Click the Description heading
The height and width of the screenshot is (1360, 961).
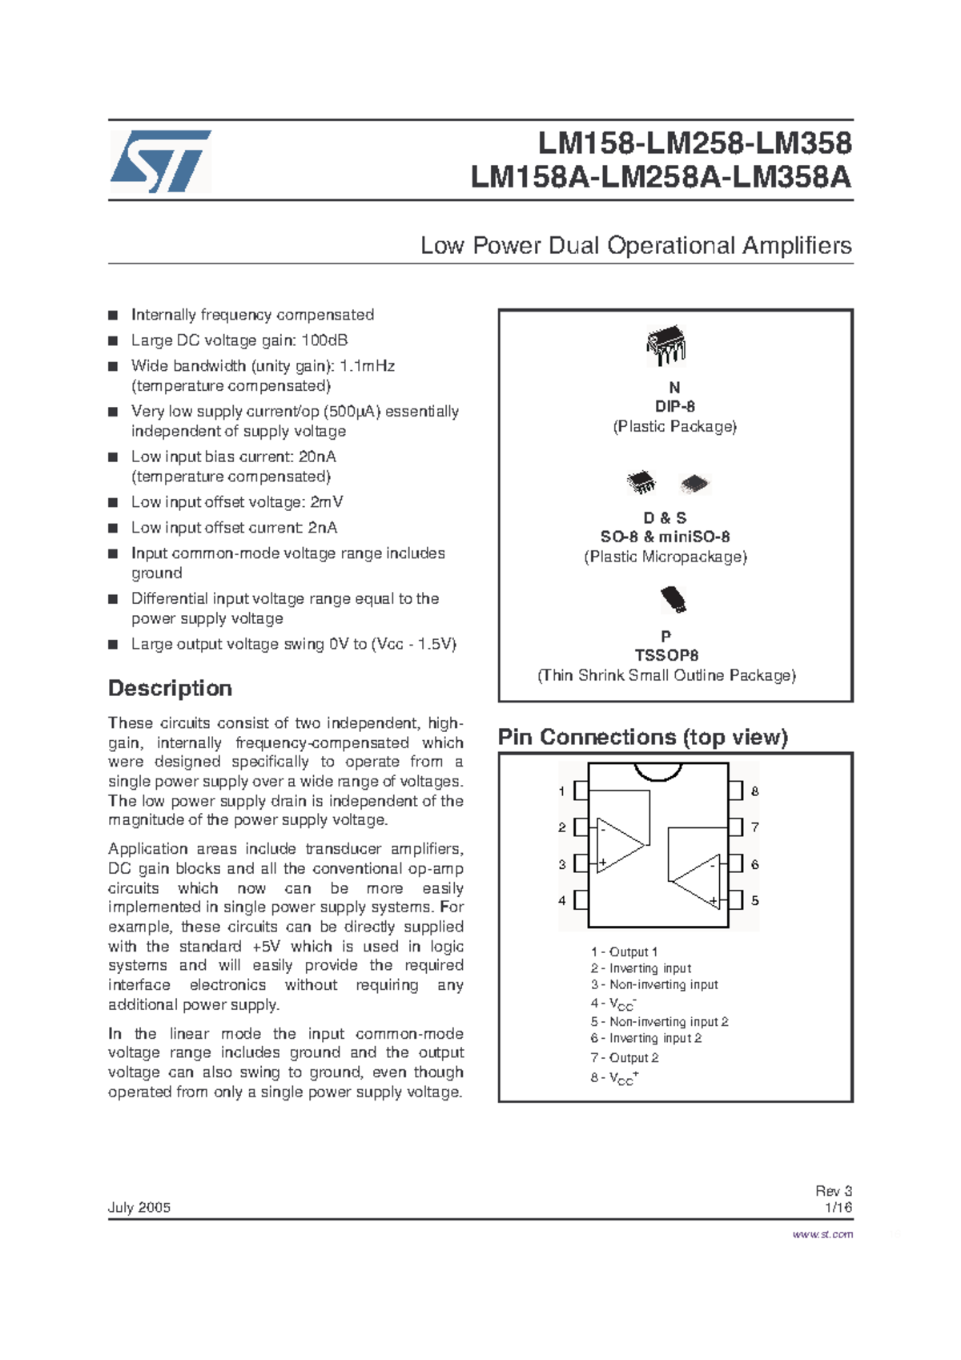tap(170, 689)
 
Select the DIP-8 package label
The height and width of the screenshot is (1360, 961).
tap(674, 407)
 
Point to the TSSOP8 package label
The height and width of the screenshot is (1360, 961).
tap(666, 655)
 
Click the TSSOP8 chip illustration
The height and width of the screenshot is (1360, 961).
tap(674, 599)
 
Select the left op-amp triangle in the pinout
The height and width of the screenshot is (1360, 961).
tap(618, 845)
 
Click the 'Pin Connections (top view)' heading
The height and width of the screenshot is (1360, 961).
tap(642, 737)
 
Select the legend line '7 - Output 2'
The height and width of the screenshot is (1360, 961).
tap(625, 1058)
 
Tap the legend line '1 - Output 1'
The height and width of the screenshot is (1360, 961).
tap(624, 952)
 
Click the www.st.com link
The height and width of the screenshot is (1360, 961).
tap(822, 1234)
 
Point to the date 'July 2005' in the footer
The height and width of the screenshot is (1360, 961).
tap(139, 1208)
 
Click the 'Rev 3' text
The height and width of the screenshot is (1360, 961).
tap(834, 1191)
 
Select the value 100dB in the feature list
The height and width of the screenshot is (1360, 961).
tap(324, 340)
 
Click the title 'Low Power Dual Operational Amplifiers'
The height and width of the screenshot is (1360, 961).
tap(636, 245)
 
